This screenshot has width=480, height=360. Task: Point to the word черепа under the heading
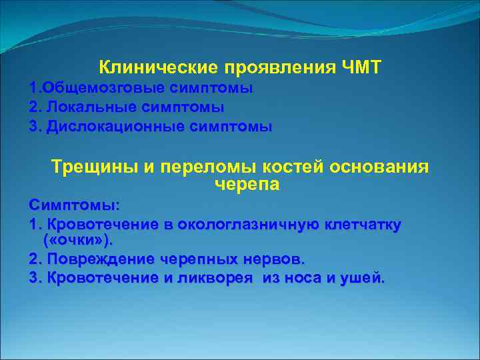pyautogui.click(x=247, y=184)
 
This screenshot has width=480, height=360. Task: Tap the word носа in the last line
pyautogui.click(x=311, y=277)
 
